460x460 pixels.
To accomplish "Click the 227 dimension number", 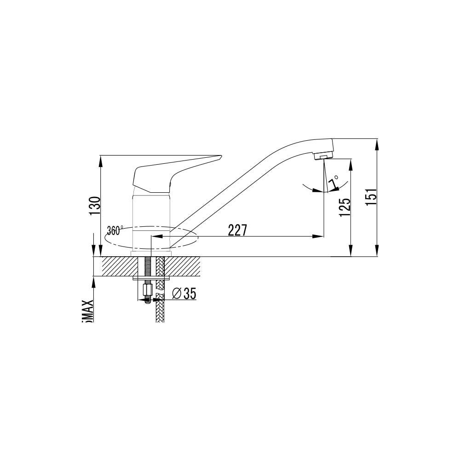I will click(x=237, y=230).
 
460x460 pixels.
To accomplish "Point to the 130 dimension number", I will click(x=94, y=206).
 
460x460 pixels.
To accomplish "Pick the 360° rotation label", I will click(x=115, y=230).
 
